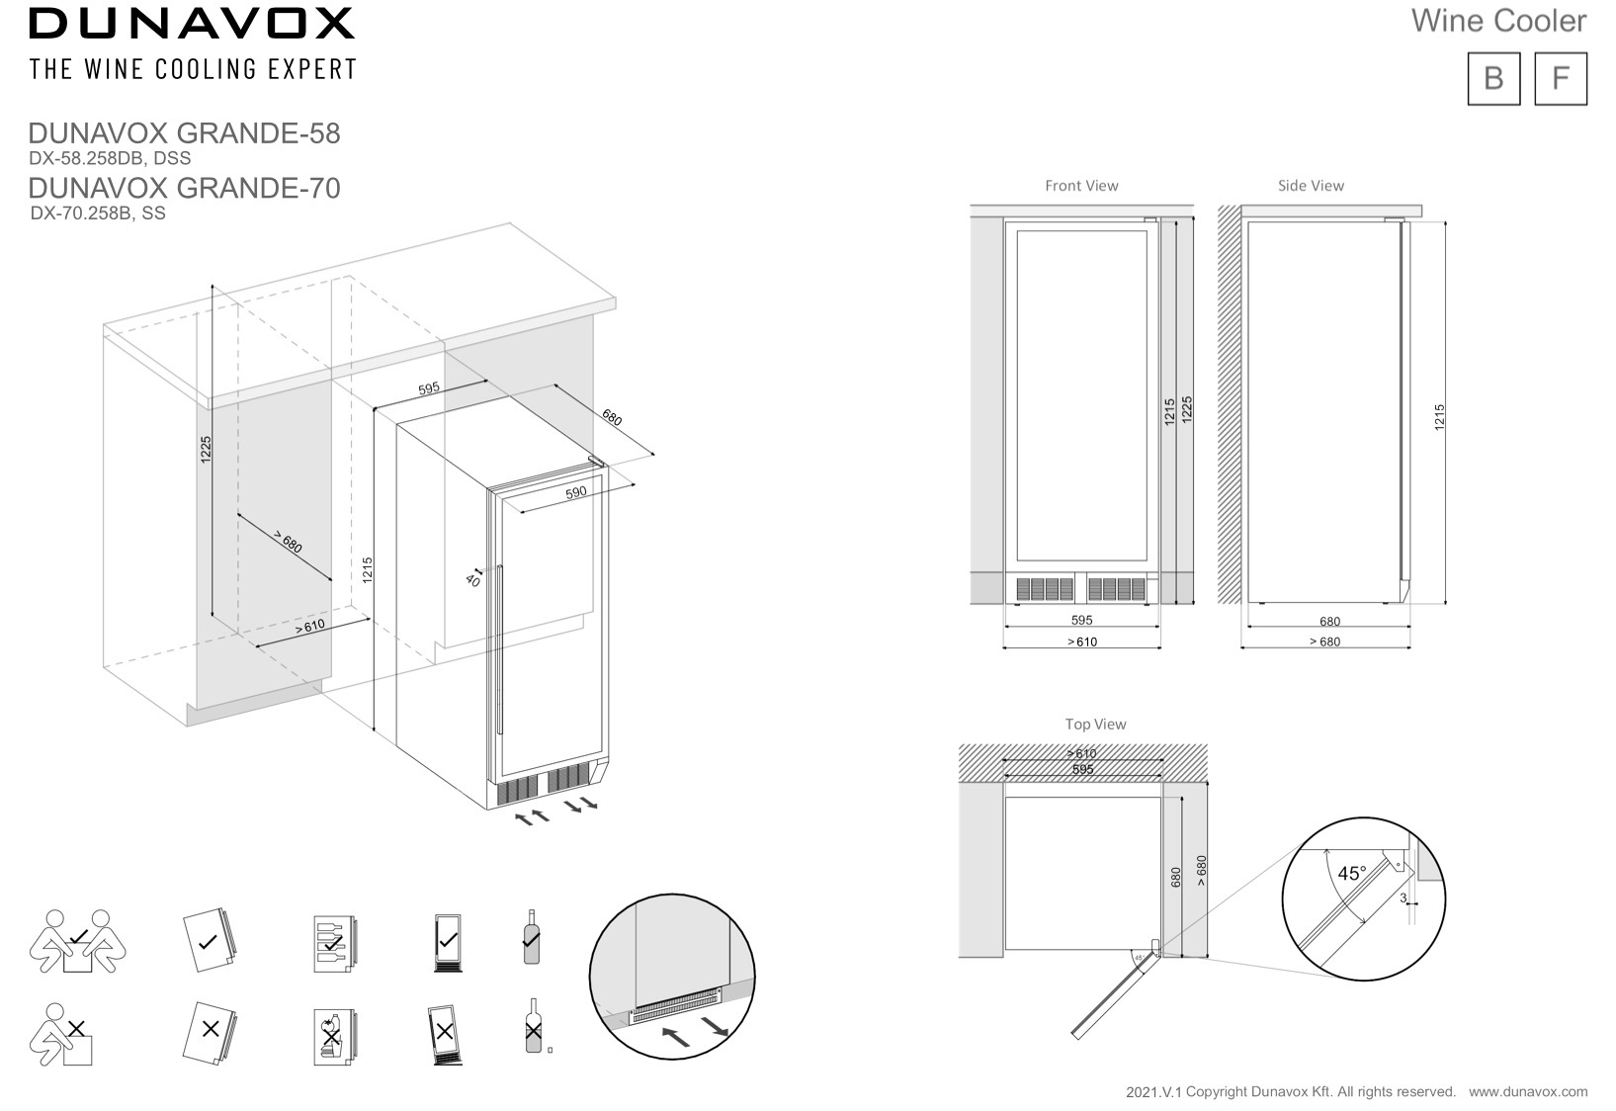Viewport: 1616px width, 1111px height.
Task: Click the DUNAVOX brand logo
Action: (192, 24)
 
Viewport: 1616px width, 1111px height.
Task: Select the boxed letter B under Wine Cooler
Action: (1493, 78)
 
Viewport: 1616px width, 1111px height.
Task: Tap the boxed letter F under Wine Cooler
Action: (1560, 78)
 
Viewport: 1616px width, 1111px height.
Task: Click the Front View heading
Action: (1081, 186)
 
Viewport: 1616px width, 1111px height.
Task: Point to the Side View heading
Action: (1311, 186)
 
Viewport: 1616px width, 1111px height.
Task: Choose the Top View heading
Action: (1095, 725)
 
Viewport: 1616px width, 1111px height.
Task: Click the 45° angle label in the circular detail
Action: (1351, 874)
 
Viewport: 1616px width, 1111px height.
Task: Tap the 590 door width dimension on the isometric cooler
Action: (576, 491)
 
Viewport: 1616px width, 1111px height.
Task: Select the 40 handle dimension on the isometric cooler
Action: (471, 580)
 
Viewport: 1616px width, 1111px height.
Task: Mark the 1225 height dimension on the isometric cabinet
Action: (206, 450)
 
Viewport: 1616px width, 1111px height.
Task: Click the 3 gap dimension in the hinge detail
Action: (1403, 898)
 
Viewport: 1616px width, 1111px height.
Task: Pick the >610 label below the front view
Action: (1082, 642)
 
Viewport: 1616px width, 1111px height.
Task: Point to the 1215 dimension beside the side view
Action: (1440, 416)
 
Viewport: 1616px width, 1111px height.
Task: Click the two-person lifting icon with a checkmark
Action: (78, 941)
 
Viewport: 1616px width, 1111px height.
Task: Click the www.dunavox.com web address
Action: (1527, 1092)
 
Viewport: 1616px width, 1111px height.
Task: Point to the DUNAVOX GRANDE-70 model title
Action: (184, 187)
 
